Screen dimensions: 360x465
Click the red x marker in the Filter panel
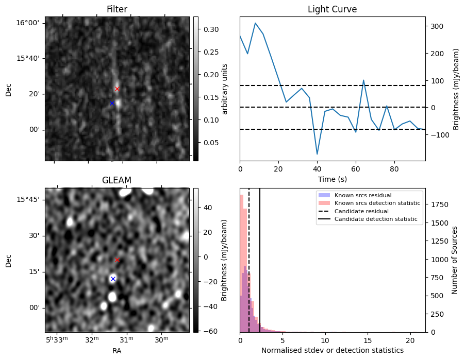pos(117,89)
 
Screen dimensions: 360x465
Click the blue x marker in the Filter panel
pos(112,103)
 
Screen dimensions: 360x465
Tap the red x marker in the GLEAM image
pos(117,260)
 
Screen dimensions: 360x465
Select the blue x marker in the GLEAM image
pos(113,279)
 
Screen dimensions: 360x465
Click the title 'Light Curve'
pos(332,9)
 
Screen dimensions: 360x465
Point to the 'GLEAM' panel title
pos(117,180)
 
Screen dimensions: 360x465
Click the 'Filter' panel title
pos(117,9)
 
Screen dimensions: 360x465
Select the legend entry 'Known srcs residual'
pos(362,195)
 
